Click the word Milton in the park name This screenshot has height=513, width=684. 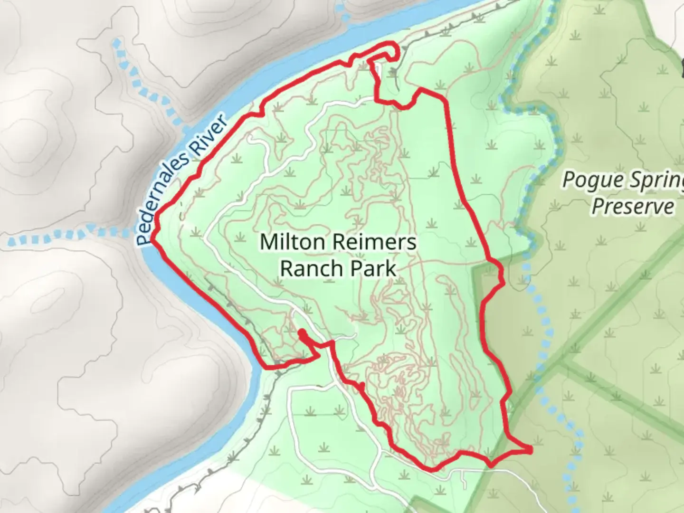289,242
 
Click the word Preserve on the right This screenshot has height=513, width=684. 632,206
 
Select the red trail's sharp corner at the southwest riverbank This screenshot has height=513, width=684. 266,366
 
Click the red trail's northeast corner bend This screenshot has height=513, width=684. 421,90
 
